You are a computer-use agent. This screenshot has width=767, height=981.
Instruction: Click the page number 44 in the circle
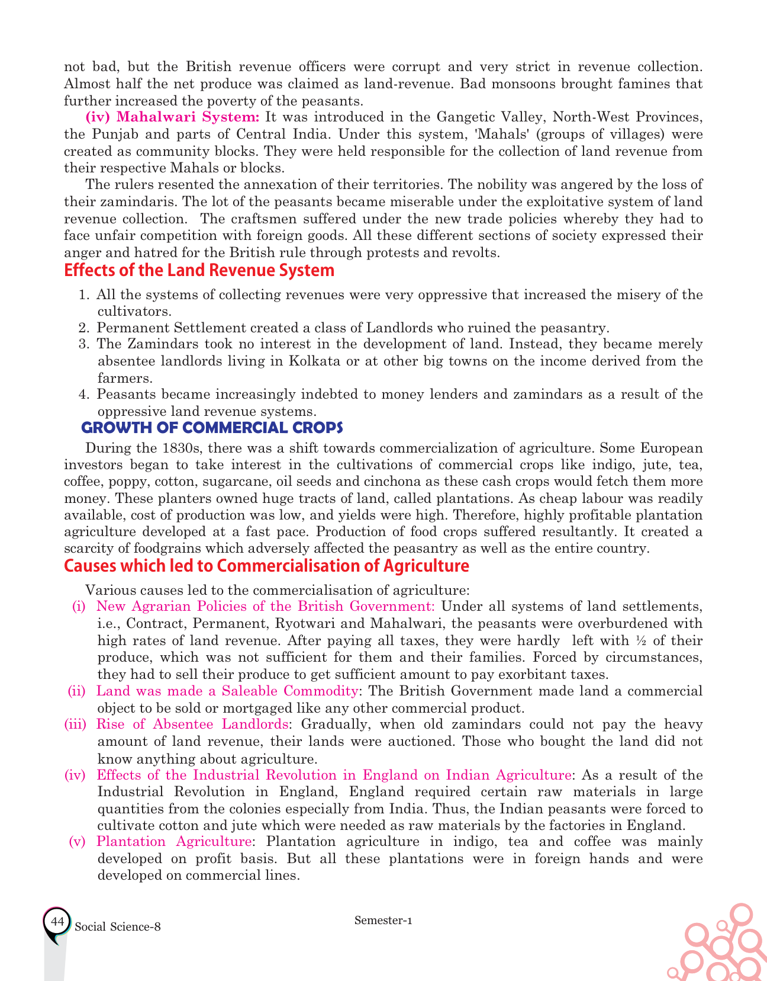pos(57,922)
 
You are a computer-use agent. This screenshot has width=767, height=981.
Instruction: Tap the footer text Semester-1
pos(383,920)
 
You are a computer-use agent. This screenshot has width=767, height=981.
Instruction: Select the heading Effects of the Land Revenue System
pos(199,271)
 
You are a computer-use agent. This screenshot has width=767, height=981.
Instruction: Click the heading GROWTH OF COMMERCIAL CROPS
pos(212,428)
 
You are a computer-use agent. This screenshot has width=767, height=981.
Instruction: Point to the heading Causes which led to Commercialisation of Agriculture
pos(266,566)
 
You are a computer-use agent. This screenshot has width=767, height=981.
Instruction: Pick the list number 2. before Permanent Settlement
pos(83,328)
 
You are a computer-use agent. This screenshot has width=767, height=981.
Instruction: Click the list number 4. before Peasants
pos(83,395)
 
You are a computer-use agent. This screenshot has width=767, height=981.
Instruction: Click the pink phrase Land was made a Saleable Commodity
pos(227,691)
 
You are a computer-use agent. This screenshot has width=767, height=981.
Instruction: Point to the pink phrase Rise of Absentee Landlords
pos(192,724)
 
